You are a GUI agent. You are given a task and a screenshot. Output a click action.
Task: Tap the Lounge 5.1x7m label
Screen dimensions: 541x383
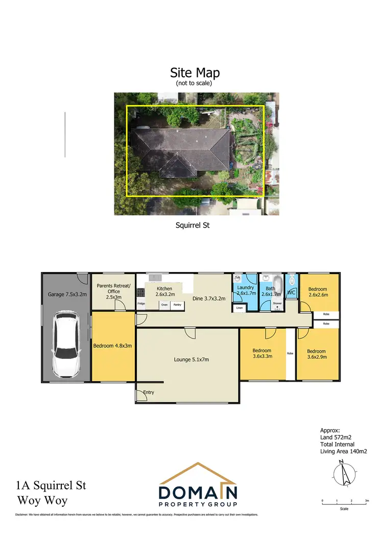click(187, 359)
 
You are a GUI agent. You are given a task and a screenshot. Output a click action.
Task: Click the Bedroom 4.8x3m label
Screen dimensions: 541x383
click(113, 346)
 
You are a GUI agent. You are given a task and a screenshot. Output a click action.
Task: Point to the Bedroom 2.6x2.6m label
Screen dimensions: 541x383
click(318, 291)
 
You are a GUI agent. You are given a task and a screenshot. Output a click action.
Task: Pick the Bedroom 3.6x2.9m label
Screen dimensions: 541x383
click(316, 354)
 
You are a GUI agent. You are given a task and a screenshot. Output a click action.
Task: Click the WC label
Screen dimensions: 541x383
click(292, 293)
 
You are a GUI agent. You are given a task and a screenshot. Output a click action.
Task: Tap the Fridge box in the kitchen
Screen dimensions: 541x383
click(141, 304)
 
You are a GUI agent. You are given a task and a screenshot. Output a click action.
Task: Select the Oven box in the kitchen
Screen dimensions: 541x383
click(164, 305)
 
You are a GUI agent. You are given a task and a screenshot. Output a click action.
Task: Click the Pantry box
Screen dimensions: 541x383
click(177, 305)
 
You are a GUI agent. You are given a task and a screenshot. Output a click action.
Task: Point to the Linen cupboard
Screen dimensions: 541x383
click(239, 308)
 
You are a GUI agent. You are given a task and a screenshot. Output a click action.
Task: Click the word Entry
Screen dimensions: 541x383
click(148, 392)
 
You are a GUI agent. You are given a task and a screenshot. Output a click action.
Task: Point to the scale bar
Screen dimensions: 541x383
click(345, 503)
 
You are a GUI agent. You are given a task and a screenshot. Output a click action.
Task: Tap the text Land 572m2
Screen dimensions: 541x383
click(336, 437)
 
